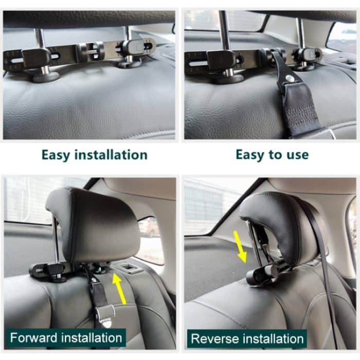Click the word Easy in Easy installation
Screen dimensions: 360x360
pyautogui.click(x=57, y=155)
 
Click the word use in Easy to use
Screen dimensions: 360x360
pyautogui.click(x=298, y=155)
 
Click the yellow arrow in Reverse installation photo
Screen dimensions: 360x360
pyautogui.click(x=239, y=246)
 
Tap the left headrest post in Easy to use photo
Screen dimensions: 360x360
pyautogui.click(x=224, y=31)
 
